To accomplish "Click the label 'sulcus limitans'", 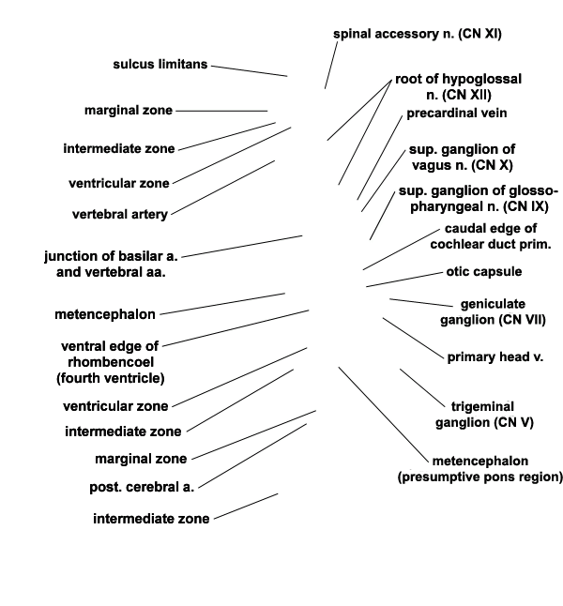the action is (160, 64).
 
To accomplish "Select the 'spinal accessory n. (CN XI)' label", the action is (418, 34).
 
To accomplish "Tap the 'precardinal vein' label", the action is (457, 114).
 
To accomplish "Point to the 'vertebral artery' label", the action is (120, 214).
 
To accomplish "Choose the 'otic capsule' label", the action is (484, 272).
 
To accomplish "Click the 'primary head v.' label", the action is (495, 357).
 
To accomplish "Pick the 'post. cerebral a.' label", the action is (142, 487).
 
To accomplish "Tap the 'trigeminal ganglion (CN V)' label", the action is (484, 415).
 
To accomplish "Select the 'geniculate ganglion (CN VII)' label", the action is (493, 311).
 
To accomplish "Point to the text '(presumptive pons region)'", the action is (479, 477).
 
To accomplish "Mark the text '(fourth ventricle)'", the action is (111, 378).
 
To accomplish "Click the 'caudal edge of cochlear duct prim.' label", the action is (491, 236).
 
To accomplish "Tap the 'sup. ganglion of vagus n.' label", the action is (462, 158).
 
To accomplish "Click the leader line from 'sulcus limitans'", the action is (250, 71).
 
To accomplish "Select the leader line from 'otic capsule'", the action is (404, 280).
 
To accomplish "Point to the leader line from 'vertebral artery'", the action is (222, 188).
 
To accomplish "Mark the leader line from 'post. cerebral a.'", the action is (252, 456).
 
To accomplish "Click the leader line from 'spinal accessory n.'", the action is (331, 66).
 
